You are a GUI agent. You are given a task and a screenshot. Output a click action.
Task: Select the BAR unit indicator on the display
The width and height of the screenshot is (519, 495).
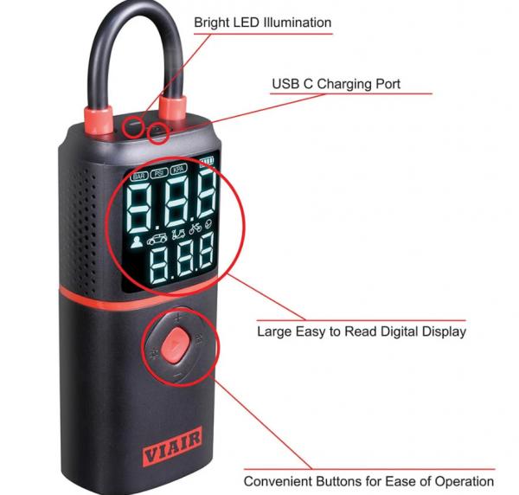click(x=138, y=174)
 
